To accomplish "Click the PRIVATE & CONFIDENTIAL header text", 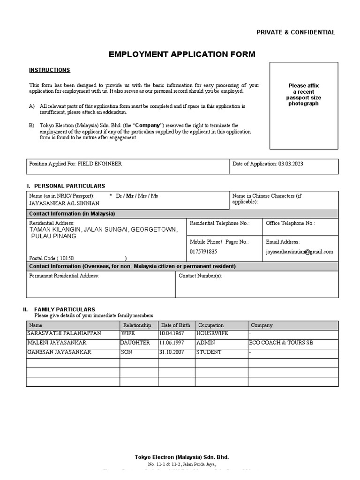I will coord(295,32).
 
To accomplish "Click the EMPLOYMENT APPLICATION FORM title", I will coord(182,54).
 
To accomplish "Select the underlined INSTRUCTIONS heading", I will coord(50,70).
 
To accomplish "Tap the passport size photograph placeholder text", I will coord(303,95).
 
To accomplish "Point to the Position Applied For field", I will coord(75,164).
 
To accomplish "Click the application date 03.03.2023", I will coord(294,164).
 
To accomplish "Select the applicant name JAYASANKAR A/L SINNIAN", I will coord(64,203).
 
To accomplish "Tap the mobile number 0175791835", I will coord(203,252).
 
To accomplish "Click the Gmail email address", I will coord(299,252).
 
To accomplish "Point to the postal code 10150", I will coord(67,258).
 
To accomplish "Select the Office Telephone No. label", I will coord(290,224).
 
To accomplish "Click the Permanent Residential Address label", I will coord(64,276).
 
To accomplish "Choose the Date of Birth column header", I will coord(175,325).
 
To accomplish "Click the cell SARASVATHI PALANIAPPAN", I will coord(65,334).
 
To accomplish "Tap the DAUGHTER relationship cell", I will coord(135,343).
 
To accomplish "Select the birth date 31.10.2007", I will coord(172,352).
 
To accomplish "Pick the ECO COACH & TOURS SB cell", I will coord(281,343).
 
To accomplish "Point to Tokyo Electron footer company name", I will coord(182,457).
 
